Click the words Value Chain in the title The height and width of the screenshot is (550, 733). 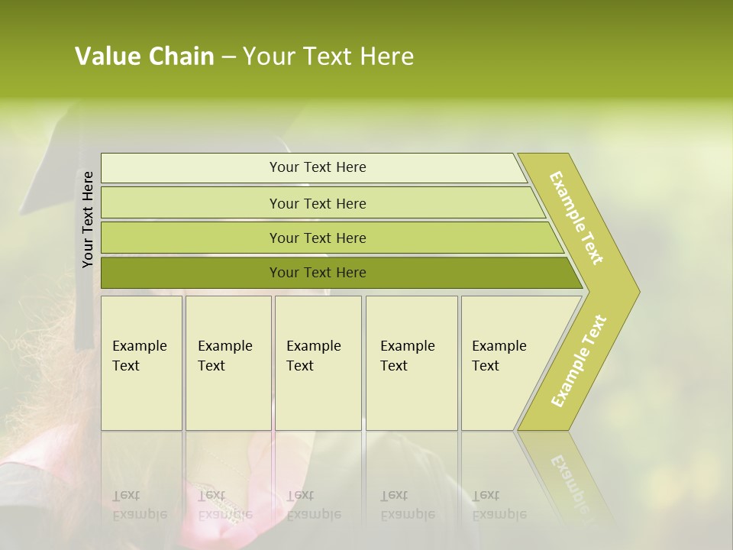coord(144,57)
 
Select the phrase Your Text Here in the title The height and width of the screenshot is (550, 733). coord(328,57)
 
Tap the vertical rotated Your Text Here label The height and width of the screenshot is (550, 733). coord(88,219)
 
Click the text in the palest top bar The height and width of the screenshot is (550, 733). coord(318,167)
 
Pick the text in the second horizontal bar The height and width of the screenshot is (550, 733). coord(318,204)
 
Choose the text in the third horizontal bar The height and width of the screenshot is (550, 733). coord(318,238)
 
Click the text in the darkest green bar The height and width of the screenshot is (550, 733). coord(318,273)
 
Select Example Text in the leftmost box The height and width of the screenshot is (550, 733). coord(139,356)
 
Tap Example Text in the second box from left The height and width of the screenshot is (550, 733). coord(224,356)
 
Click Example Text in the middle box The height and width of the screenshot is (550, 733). coord(313,356)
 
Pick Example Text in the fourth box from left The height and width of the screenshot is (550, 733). coord(407,356)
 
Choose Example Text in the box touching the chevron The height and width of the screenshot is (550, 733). coord(499,356)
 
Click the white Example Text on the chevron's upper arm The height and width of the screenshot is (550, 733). coord(576,218)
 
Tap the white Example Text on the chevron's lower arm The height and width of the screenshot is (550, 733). coord(579,361)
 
